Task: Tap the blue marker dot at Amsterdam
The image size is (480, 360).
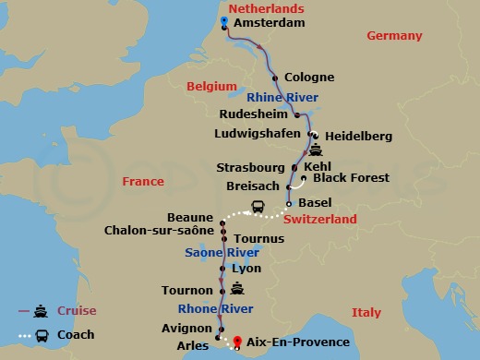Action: [x=224, y=20]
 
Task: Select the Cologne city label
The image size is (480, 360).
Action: [x=309, y=78]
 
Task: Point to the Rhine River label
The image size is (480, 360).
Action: [x=283, y=97]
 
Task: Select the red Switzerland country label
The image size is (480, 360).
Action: [x=319, y=220]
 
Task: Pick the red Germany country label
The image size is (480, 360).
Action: [x=394, y=36]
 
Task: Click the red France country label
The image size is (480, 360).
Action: [x=143, y=182]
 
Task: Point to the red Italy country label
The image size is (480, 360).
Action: [x=366, y=313]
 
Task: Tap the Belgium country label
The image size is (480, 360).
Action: [x=207, y=86]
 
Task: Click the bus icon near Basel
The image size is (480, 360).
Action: [x=258, y=207]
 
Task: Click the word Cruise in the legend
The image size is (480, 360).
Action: [x=78, y=311]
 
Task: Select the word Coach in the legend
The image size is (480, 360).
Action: [x=76, y=335]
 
